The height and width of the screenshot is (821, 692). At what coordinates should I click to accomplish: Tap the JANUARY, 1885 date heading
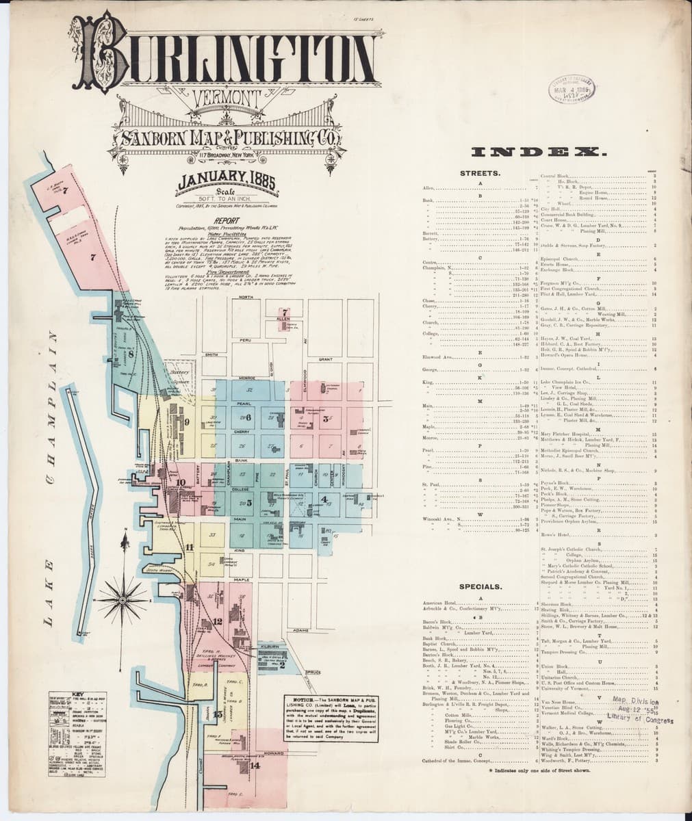click(x=219, y=183)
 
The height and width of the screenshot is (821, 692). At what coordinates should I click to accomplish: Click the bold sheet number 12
click(x=218, y=621)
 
